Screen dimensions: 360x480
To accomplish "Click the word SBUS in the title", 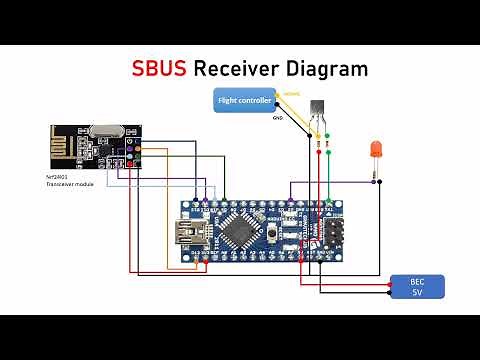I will [x=160, y=69].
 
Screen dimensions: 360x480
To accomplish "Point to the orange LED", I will [x=377, y=150].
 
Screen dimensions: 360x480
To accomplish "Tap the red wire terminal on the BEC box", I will [x=391, y=284].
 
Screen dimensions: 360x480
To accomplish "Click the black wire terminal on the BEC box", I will [x=391, y=293].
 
